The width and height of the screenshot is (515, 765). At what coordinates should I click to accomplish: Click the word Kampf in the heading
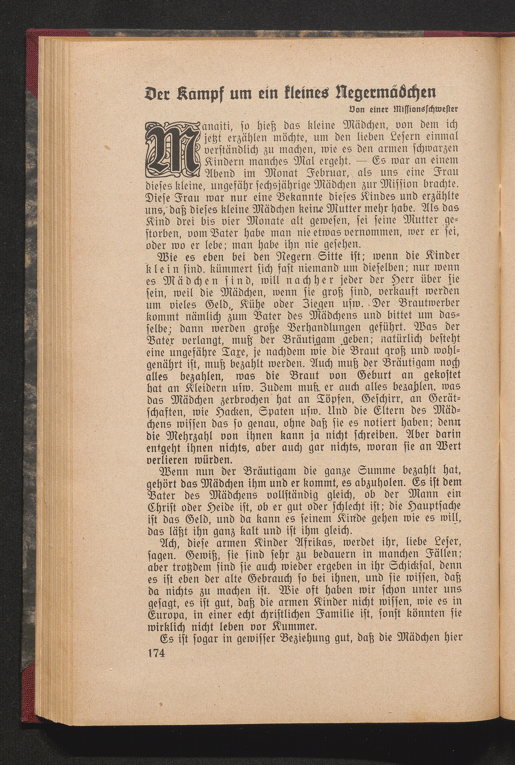(x=200, y=94)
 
